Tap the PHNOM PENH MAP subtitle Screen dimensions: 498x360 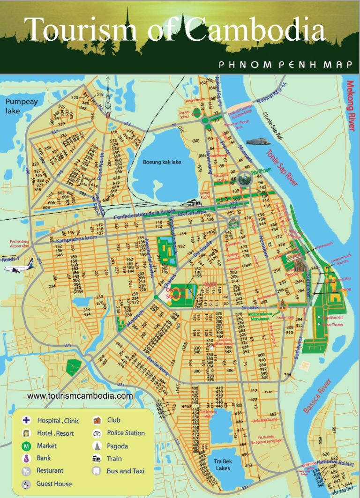[x=285, y=65]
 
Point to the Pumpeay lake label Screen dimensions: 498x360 [x=22, y=106]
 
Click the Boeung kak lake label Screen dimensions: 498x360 [x=162, y=162]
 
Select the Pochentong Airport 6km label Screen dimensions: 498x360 [x=19, y=244]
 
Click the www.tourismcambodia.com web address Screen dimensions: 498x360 [x=80, y=396]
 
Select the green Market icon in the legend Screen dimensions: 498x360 [x=27, y=446]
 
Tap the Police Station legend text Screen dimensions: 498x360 [x=126, y=433]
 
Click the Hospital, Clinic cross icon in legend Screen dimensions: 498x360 [x=27, y=420]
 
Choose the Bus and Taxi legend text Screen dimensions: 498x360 [x=126, y=471]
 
